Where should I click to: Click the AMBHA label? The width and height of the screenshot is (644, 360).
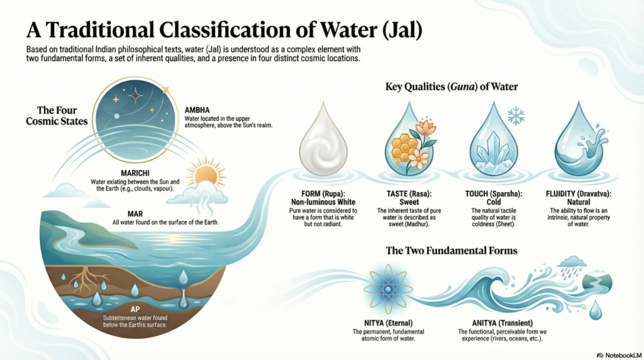click(197, 110)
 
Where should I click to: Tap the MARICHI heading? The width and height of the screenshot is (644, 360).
click(135, 174)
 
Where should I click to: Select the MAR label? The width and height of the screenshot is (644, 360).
click(135, 214)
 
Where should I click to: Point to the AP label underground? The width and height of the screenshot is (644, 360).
click(135, 310)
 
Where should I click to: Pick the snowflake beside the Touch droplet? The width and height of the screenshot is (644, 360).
click(516, 116)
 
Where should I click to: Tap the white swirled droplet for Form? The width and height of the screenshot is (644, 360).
click(323, 140)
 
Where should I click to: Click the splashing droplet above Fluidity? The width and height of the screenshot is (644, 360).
click(580, 140)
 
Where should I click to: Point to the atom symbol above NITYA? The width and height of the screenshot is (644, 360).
click(387, 290)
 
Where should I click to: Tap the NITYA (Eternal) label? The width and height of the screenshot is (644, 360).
click(388, 323)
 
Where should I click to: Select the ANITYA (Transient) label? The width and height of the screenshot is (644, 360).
click(502, 323)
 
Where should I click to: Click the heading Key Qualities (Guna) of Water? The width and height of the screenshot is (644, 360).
click(452, 87)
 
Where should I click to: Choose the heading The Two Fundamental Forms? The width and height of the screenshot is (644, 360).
click(452, 250)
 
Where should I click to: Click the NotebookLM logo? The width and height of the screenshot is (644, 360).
click(619, 355)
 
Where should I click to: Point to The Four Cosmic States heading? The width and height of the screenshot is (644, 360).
click(57, 115)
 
